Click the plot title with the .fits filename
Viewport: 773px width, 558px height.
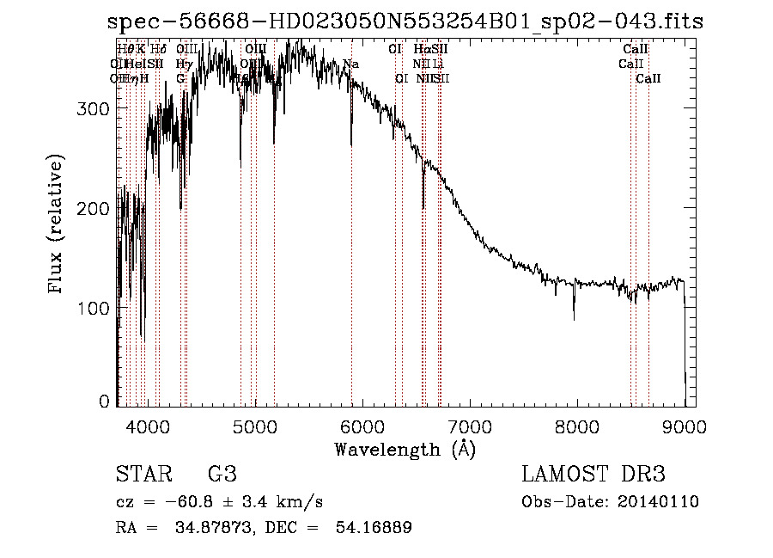click(x=411, y=21)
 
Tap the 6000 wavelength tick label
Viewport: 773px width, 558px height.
click(x=362, y=426)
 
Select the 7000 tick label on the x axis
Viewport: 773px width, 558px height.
click(x=469, y=426)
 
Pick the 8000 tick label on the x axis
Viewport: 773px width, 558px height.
click(x=576, y=426)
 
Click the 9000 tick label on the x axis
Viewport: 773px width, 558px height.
click(x=684, y=426)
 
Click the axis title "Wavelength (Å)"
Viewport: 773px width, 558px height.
click(x=405, y=449)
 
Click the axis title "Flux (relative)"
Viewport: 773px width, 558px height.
click(x=58, y=225)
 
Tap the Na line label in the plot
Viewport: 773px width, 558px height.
click(x=350, y=64)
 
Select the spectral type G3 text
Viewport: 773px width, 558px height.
click(x=222, y=475)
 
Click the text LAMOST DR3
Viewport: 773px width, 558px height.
click(x=593, y=475)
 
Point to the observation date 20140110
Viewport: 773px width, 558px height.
click(x=660, y=502)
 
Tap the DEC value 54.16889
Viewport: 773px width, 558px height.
click(x=377, y=528)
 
